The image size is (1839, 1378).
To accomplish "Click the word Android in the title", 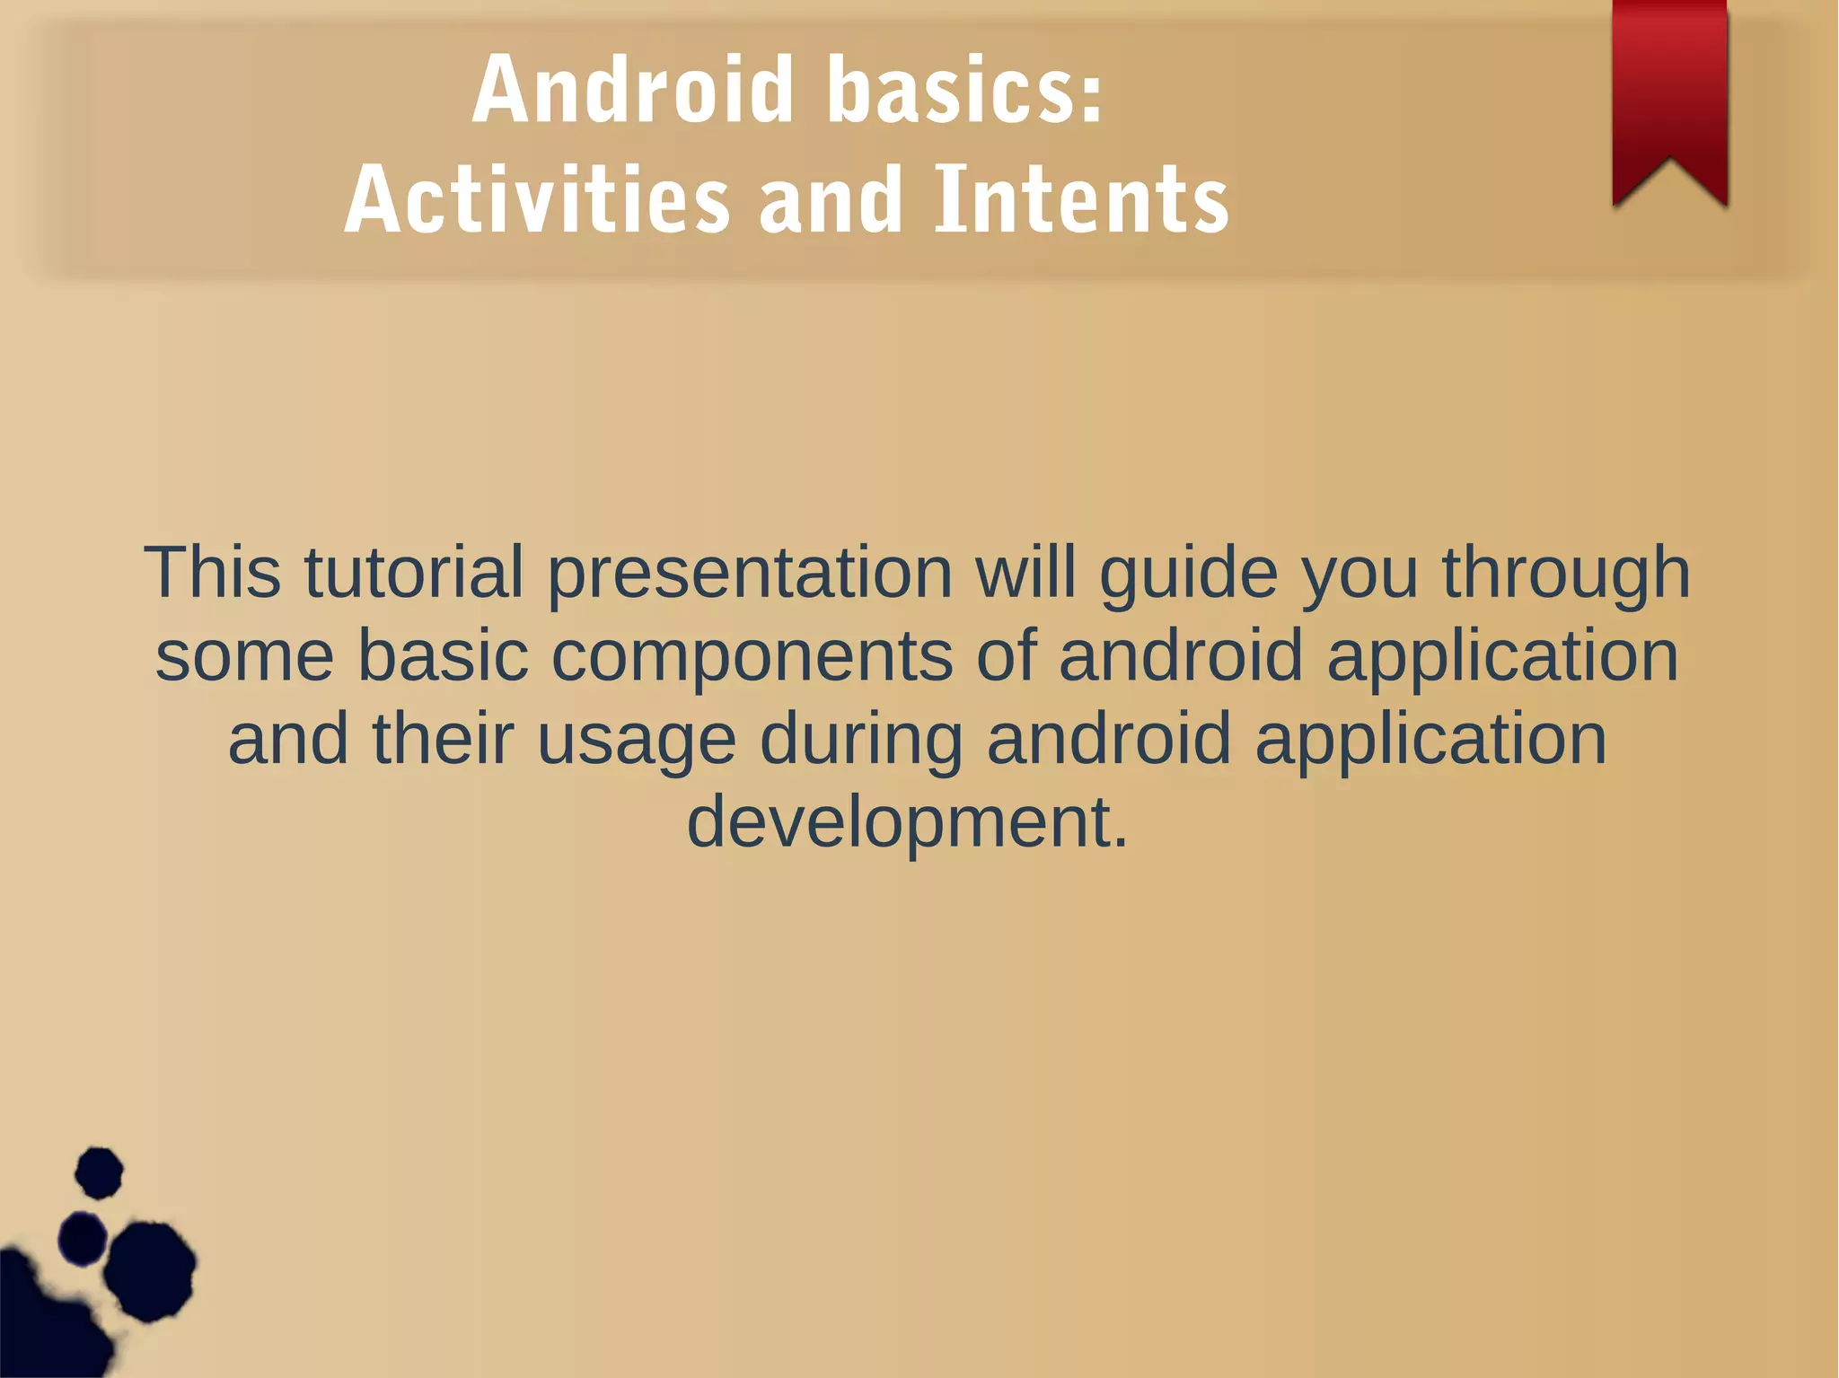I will pyautogui.click(x=633, y=90).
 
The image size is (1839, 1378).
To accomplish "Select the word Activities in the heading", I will pyautogui.click(x=536, y=199).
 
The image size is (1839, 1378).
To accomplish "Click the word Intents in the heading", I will pyautogui.click(x=1081, y=199).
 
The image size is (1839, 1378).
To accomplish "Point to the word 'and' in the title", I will pyautogui.click(x=830, y=199).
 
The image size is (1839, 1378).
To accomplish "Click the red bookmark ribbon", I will pyautogui.click(x=1669, y=90).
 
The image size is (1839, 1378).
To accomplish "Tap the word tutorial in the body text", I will pyautogui.click(x=414, y=572).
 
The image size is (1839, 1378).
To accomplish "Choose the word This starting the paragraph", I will pyautogui.click(x=212, y=572).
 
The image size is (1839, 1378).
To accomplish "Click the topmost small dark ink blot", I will pyautogui.click(x=99, y=1172).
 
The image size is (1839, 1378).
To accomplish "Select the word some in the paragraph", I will pyautogui.click(x=244, y=655).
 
